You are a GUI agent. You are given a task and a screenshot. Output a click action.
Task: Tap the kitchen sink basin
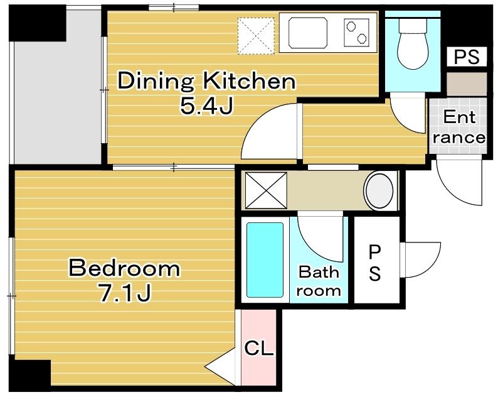[308, 33]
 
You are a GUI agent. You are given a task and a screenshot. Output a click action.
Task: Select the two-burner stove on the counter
[356, 33]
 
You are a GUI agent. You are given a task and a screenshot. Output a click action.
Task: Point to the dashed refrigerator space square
[256, 36]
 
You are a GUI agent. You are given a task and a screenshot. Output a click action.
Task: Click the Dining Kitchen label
[207, 81]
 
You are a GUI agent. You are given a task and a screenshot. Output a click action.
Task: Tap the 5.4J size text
[207, 106]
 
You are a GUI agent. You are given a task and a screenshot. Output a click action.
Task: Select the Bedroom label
[124, 268]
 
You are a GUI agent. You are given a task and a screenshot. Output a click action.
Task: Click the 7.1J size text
[124, 293]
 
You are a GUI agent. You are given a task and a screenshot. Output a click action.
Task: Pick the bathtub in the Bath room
[265, 260]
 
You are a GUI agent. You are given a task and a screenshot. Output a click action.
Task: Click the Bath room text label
[319, 281]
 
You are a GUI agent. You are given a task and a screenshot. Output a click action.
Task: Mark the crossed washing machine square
[266, 190]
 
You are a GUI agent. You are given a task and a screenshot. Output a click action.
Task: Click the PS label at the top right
[466, 57]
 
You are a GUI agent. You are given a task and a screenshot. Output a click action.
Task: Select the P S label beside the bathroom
[375, 263]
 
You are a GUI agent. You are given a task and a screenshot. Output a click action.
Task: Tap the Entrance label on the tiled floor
[459, 128]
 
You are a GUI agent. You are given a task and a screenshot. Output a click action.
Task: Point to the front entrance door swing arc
[450, 190]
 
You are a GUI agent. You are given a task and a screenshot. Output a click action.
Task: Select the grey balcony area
[57, 102]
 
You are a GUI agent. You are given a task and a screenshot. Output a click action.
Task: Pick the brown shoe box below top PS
[467, 84]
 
